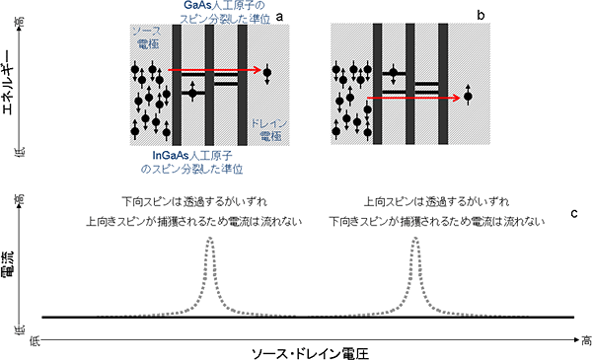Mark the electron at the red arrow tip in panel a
[267, 70]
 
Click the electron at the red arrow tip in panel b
[468, 97]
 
